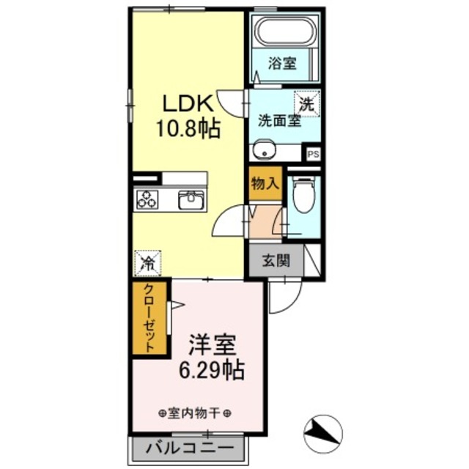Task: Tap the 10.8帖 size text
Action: [x=188, y=130]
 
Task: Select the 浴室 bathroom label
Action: [x=281, y=63]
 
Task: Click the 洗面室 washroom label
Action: [x=278, y=122]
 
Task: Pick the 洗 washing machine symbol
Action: [x=307, y=103]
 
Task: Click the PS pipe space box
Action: [x=313, y=154]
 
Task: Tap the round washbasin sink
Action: [x=263, y=152]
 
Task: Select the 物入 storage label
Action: [x=264, y=184]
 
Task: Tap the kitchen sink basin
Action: [x=192, y=198]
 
